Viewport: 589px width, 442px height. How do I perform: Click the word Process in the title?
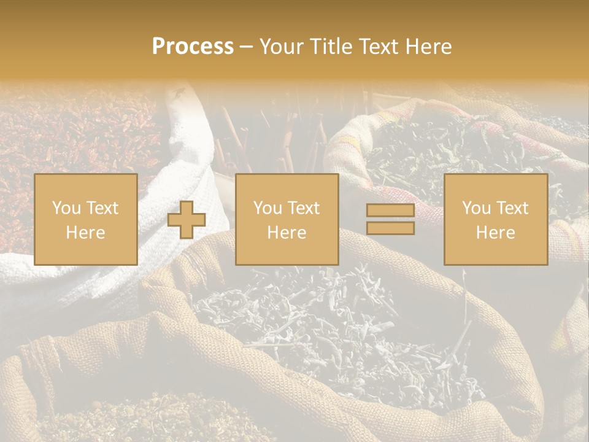pyautogui.click(x=193, y=47)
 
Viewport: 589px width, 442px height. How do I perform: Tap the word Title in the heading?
pyautogui.click(x=329, y=47)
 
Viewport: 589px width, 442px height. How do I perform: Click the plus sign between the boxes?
pyautogui.click(x=187, y=219)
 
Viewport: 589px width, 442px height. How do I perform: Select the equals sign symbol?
pyautogui.click(x=390, y=219)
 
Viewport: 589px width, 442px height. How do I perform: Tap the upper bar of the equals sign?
pyautogui.click(x=390, y=211)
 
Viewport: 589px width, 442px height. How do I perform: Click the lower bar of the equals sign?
pyautogui.click(x=390, y=228)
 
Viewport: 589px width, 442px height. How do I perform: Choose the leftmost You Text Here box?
pyautogui.click(x=85, y=219)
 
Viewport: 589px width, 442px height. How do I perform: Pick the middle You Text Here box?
pyautogui.click(x=287, y=219)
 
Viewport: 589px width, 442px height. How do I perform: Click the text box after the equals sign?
pyautogui.click(x=495, y=219)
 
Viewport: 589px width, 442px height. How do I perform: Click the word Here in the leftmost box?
pyautogui.click(x=85, y=233)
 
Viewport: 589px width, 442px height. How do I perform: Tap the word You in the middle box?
pyautogui.click(x=268, y=208)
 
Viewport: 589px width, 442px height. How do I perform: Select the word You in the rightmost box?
pyautogui.click(x=476, y=208)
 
